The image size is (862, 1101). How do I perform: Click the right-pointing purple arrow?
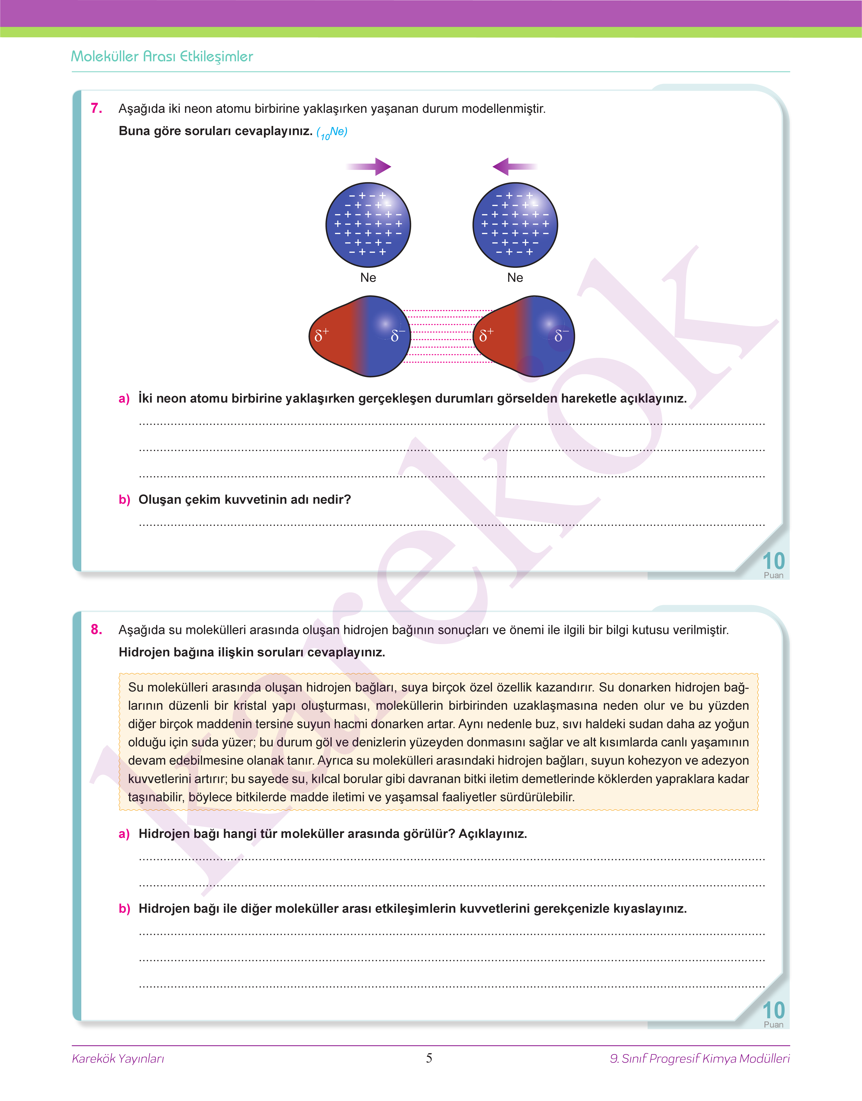pyautogui.click(x=369, y=167)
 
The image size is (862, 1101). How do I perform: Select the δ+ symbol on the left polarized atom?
pyautogui.click(x=322, y=334)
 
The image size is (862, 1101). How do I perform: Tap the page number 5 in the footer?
pyautogui.click(x=429, y=1058)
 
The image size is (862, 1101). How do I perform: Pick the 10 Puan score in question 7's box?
pyautogui.click(x=773, y=565)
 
